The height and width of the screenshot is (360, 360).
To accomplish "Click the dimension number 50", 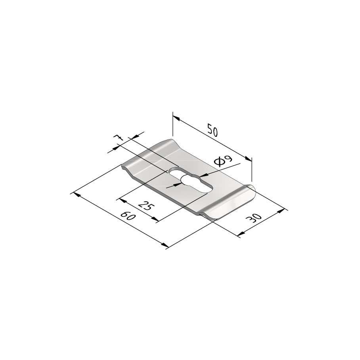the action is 213,130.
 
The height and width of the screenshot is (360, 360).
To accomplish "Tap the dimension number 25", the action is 146,205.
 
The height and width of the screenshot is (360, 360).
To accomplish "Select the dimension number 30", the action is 253,218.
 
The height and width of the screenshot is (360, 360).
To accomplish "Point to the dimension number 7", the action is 119,138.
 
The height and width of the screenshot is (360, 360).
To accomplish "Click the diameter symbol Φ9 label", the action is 223,161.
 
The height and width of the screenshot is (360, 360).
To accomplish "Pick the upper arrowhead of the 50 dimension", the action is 176,118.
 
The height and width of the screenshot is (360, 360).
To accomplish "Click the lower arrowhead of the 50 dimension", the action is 249,159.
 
